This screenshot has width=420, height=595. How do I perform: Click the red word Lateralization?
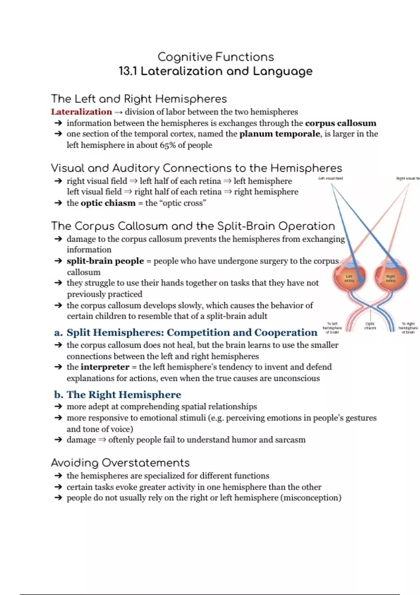click(x=81, y=112)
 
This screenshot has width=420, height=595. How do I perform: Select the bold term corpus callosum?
click(x=341, y=123)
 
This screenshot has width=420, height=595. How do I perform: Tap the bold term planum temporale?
click(x=279, y=134)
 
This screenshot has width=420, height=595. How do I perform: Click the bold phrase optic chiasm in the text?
click(x=108, y=203)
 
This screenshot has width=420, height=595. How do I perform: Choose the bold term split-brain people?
click(x=105, y=261)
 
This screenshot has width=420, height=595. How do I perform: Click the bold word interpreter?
click(x=105, y=367)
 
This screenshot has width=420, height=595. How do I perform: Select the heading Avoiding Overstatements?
click(x=120, y=463)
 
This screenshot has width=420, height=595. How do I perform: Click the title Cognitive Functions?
click(x=216, y=57)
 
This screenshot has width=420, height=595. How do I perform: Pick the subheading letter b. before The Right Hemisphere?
click(x=58, y=395)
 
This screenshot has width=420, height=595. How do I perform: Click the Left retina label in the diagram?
click(x=349, y=279)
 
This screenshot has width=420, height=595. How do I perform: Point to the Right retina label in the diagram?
click(x=391, y=279)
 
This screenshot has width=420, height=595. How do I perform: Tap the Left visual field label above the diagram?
click(x=330, y=178)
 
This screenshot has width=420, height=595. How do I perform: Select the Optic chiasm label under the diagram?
click(x=370, y=326)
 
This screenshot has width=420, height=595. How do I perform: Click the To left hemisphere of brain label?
click(x=332, y=328)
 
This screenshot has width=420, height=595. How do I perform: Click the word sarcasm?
click(x=290, y=440)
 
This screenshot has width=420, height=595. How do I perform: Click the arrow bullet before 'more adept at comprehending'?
click(x=58, y=407)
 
